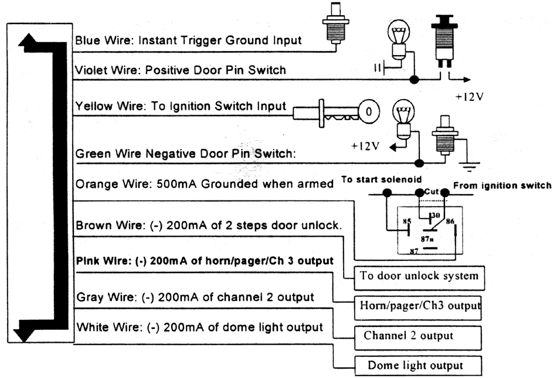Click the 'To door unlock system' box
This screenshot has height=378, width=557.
419,275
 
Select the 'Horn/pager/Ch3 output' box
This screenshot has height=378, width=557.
419,305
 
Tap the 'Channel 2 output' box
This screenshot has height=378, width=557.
416,336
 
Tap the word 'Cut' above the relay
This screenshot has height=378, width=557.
432,191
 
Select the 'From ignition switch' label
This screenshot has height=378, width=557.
502,186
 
